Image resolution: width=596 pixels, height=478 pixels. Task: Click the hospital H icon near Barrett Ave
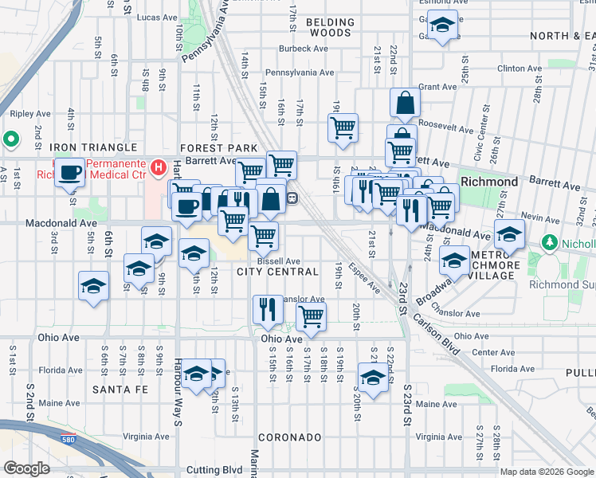point(159,168)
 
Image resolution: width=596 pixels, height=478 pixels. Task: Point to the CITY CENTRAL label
point(278,272)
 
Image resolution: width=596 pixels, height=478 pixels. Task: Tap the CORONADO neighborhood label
point(288,437)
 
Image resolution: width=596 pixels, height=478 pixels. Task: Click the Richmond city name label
point(489,182)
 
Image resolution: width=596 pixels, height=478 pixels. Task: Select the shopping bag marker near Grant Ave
point(406,102)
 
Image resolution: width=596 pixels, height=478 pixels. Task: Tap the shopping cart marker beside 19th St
point(343,127)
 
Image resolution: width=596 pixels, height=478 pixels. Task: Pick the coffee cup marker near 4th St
point(70,172)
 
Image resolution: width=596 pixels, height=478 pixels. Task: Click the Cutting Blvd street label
point(214,470)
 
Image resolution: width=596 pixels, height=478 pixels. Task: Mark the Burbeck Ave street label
point(304,49)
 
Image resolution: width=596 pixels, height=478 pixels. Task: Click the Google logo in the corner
point(26,468)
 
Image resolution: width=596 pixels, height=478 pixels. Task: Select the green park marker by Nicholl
point(548,242)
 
